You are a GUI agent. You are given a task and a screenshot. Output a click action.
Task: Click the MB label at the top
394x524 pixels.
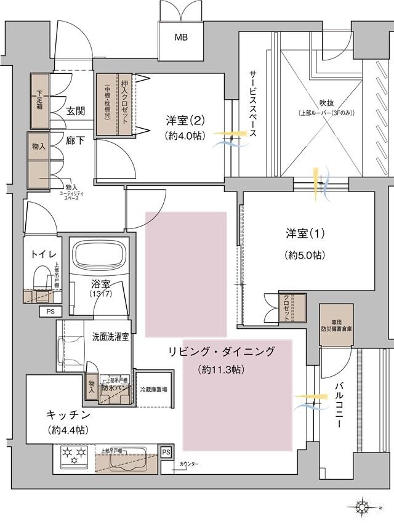click(180, 38)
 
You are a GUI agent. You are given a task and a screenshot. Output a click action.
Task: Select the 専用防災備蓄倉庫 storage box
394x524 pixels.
click(336, 326)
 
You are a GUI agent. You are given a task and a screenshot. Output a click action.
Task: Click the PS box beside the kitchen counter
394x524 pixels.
click(165, 453)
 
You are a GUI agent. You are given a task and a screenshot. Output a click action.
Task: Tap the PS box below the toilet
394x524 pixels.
click(50, 312)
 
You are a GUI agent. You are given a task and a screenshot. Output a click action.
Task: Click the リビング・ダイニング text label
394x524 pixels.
click(222, 351)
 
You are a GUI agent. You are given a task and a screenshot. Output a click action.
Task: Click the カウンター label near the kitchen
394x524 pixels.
click(190, 463)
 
